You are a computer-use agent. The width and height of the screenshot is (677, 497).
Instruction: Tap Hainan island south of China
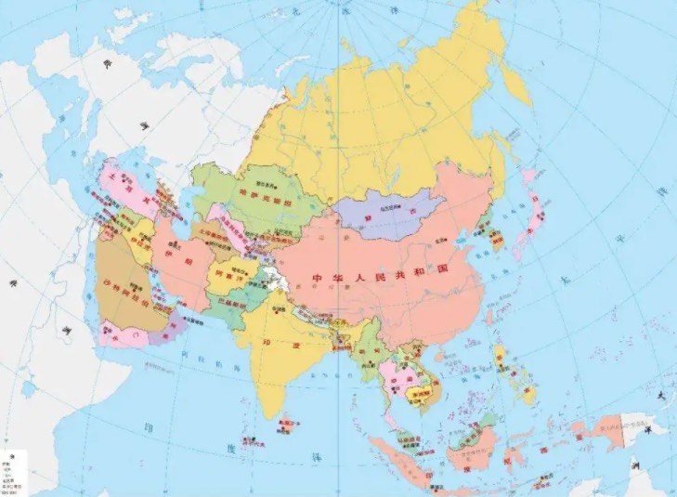coord(436,358)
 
